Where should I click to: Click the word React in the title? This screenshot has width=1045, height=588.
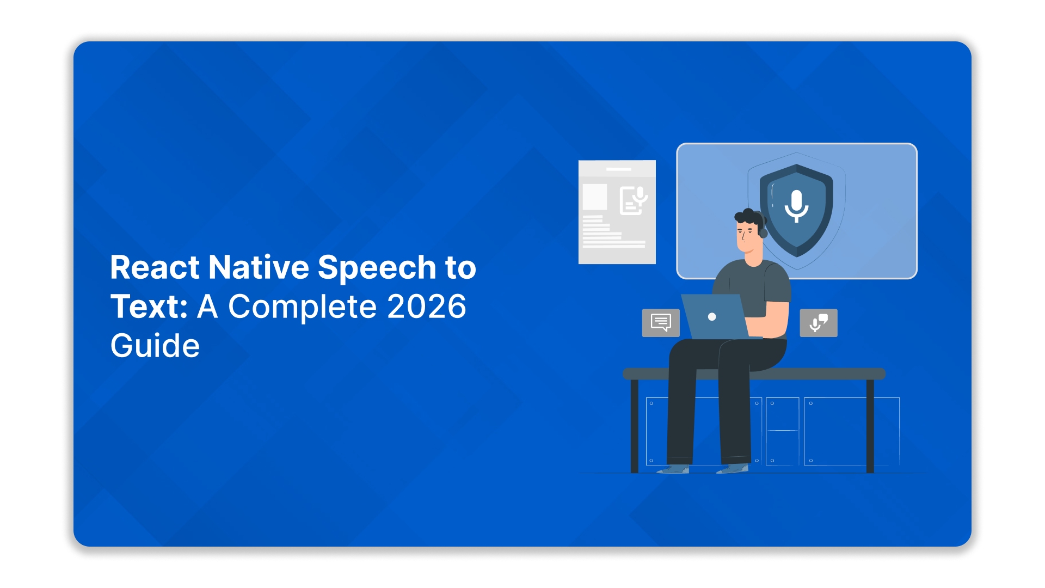[x=155, y=267]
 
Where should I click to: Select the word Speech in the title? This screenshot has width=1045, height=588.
[x=377, y=267]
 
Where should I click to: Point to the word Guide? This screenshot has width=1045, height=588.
[x=155, y=346]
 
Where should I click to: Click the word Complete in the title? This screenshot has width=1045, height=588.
[x=302, y=307]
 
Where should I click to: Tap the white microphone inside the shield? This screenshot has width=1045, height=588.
[x=796, y=205]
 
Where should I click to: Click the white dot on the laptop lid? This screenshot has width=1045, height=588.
[x=712, y=317]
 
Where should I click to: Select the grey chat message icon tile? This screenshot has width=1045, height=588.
[x=661, y=323]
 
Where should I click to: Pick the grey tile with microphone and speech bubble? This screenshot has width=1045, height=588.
[x=819, y=323]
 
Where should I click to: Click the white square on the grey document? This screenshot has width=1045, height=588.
[x=595, y=197]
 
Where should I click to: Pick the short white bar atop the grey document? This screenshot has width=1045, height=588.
[x=619, y=169]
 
